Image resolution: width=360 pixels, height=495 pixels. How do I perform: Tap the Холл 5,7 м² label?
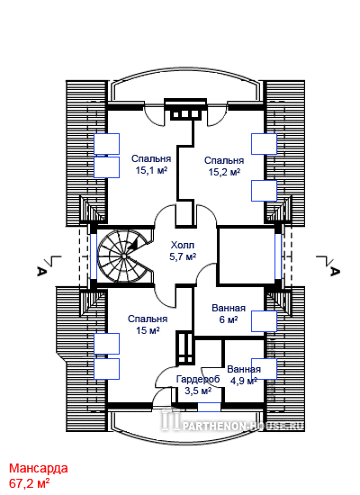[x=183, y=251]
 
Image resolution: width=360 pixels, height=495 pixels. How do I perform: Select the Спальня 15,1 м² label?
[x=151, y=164]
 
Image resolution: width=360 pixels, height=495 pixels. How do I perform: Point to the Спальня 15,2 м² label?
[x=224, y=166]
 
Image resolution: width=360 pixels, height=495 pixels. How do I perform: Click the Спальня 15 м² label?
[x=148, y=325]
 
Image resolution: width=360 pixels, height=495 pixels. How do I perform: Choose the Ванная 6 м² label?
[x=229, y=313]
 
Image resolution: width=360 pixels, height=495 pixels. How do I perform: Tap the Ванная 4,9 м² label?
[x=244, y=374]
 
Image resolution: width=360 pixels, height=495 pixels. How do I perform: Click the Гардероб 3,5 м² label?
[x=198, y=384]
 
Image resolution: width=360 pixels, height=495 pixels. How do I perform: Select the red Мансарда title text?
[x=38, y=468]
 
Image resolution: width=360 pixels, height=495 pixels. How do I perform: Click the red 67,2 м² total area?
[x=29, y=483]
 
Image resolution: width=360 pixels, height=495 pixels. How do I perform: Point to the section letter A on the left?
[x=40, y=271]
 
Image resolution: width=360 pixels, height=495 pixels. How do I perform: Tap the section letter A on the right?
[x=335, y=271]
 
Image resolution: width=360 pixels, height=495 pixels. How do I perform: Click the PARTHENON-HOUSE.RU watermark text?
[x=243, y=427]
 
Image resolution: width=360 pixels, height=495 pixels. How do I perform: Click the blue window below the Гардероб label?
[x=209, y=407]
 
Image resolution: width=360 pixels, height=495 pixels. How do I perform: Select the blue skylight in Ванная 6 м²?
[x=264, y=321]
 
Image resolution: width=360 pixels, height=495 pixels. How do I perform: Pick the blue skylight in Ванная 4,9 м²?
[x=264, y=369]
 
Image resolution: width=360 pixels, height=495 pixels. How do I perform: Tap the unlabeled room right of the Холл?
[x=247, y=256]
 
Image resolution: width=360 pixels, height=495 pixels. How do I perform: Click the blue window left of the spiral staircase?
[x=94, y=256]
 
